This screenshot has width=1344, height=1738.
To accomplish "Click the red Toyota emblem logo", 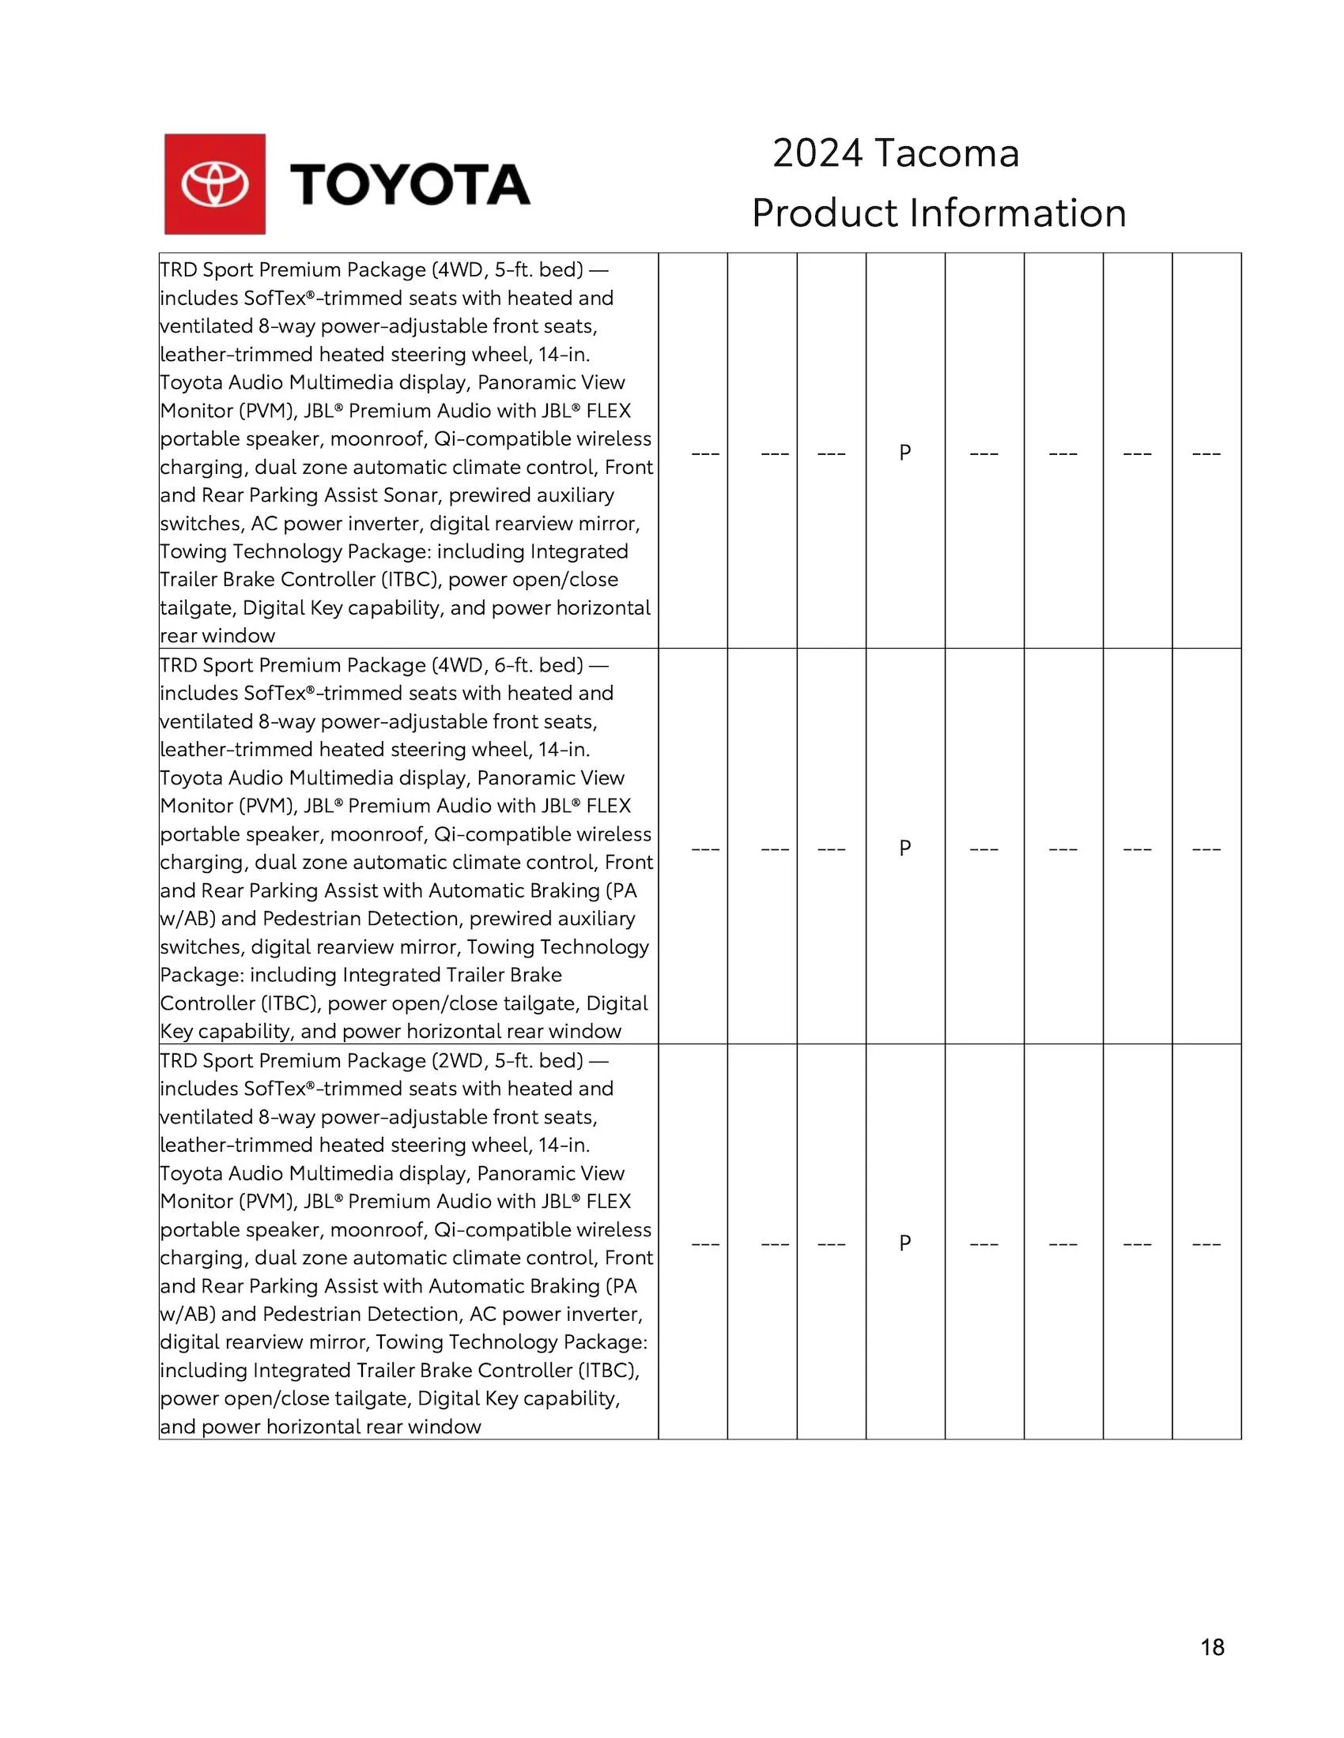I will tap(215, 184).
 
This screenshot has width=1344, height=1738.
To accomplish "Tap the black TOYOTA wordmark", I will tap(410, 185).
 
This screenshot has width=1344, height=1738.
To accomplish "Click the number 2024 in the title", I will tap(817, 152).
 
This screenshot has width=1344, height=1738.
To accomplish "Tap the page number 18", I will tap(1212, 1647).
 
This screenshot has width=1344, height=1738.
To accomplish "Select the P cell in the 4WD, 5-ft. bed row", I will tap(904, 452).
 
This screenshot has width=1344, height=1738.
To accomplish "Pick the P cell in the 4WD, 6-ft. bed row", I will tap(904, 848).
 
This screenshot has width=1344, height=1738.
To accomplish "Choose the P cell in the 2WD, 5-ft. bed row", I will tap(904, 1242).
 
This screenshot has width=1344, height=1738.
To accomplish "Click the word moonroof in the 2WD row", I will tap(376, 1229).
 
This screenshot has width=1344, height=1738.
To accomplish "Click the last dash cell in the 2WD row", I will tap(1206, 1243).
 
